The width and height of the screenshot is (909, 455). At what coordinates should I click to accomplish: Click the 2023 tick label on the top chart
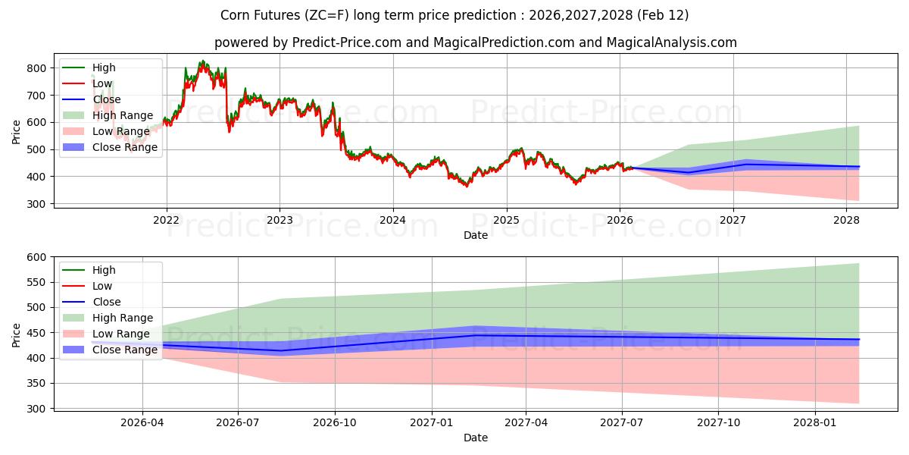point(280,221)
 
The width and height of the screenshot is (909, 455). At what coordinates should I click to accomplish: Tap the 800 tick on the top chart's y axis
point(36,68)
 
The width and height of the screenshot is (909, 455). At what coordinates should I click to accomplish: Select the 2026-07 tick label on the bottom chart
point(238,423)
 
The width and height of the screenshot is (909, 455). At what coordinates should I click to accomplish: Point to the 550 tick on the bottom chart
point(36,282)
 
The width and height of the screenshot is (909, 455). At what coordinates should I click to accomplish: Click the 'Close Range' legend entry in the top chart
point(125,147)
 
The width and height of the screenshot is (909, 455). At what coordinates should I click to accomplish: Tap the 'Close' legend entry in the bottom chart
point(107,302)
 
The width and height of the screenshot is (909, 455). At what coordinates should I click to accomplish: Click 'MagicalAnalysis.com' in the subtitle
point(672,42)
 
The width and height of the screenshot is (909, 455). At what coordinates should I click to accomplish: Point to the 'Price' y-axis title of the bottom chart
point(17,334)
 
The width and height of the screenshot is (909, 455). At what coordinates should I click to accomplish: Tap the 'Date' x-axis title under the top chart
point(475,235)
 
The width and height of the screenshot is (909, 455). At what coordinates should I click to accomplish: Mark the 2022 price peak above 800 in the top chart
point(201,61)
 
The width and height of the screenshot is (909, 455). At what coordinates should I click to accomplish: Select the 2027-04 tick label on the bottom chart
point(526,423)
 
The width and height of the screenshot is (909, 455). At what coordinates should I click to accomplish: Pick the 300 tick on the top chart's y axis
point(36,204)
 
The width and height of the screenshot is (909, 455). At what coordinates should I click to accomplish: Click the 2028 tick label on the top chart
point(846,221)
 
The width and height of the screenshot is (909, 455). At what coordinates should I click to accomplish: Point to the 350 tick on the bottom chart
point(36,384)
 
